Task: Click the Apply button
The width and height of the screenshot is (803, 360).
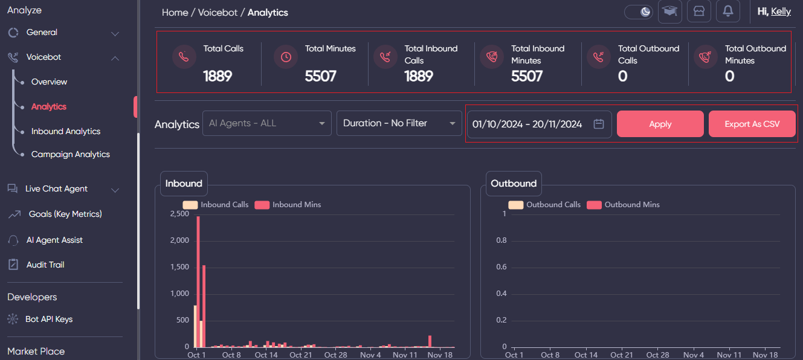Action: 660,124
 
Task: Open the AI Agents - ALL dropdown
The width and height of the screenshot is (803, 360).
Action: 266,123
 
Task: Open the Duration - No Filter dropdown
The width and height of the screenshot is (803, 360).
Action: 399,123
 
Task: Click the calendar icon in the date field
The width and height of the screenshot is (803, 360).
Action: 599,124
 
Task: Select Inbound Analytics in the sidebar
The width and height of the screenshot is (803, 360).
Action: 65,131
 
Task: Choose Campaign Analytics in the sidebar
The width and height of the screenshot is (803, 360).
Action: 70,154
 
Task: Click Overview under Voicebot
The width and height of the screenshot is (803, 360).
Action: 49,82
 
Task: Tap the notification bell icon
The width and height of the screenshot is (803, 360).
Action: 727,11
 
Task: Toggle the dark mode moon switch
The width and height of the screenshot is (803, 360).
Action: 639,11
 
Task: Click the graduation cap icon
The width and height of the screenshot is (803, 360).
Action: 669,11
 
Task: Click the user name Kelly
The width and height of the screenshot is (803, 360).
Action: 781,11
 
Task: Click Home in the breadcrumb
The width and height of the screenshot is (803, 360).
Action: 175,12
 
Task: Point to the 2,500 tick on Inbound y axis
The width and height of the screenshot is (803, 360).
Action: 179,214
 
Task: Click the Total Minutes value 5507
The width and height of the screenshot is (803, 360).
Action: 320,76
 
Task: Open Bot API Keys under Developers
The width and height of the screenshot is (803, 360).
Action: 48,319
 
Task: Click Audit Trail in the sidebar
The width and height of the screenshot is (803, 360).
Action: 45,265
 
